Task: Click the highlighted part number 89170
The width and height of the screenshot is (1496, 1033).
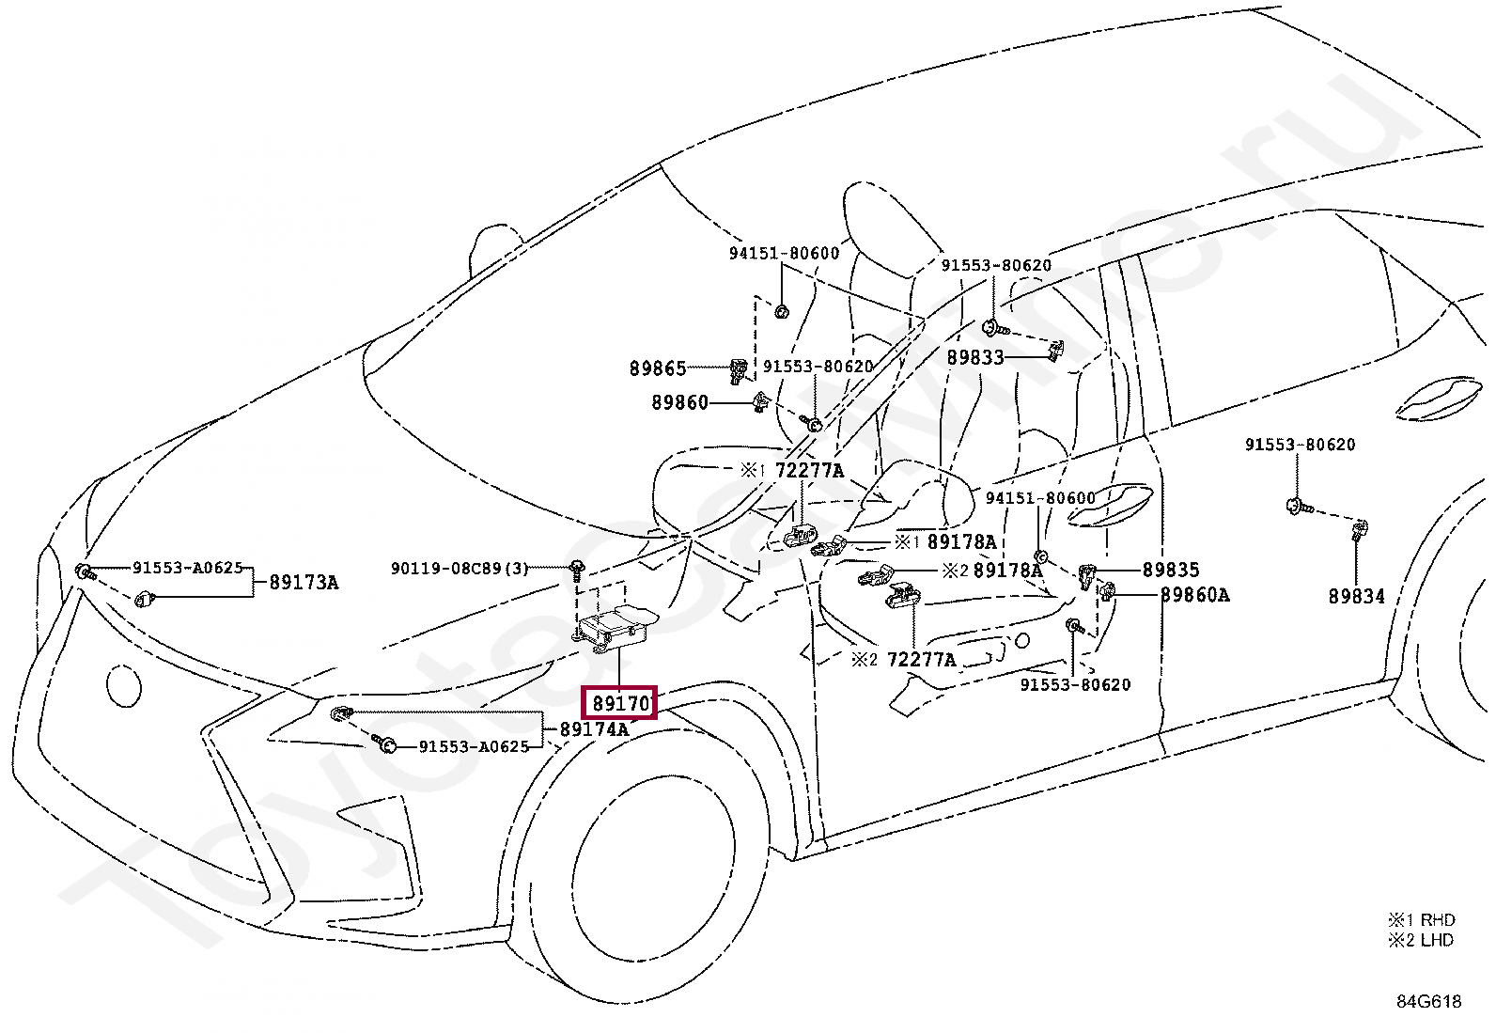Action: pyautogui.click(x=619, y=703)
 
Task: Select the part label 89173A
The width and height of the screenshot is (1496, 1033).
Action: pyautogui.click(x=304, y=582)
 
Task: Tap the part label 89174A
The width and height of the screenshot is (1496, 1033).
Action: pyautogui.click(x=594, y=728)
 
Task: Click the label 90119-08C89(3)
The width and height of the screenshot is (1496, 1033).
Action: pyautogui.click(x=460, y=569)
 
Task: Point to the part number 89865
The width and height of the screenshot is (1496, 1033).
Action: pyautogui.click(x=658, y=369)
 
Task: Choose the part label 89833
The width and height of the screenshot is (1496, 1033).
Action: pyautogui.click(x=975, y=358)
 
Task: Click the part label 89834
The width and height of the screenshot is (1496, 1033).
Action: pyautogui.click(x=1356, y=596)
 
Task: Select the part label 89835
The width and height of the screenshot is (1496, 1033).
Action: pyautogui.click(x=1171, y=570)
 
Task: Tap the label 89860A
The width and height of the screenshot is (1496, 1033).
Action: pyautogui.click(x=1194, y=594)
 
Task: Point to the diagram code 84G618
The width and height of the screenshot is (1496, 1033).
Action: pyautogui.click(x=1427, y=1001)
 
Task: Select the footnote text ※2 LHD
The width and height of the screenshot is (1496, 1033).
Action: pyautogui.click(x=1421, y=940)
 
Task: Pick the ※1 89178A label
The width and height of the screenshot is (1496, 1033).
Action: pyautogui.click(x=944, y=542)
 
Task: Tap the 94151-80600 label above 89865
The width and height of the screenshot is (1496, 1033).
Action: pyautogui.click(x=784, y=254)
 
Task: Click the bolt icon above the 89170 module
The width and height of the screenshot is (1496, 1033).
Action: pyautogui.click(x=575, y=567)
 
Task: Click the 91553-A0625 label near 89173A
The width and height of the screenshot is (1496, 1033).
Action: pyautogui.click(x=187, y=568)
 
